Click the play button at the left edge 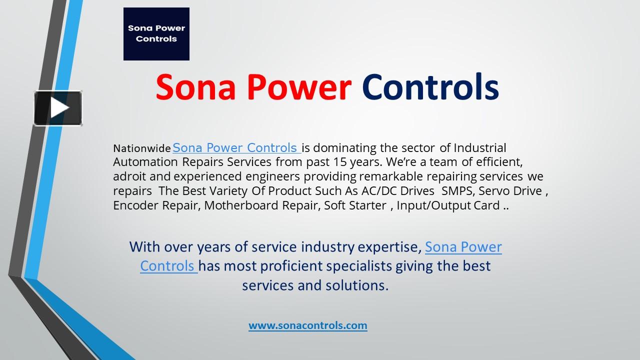click(58, 108)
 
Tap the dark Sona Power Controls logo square click(156, 34)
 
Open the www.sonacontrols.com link click(307, 325)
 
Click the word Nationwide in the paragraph click(141, 148)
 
